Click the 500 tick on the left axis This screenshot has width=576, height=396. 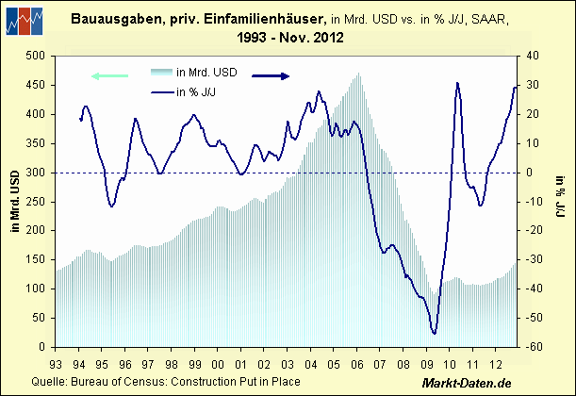tap(37, 56)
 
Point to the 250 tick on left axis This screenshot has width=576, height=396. tap(37, 202)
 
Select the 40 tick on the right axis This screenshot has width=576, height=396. tap(532, 56)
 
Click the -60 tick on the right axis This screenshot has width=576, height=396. tap(534, 347)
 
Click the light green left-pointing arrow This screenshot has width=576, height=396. tap(109, 75)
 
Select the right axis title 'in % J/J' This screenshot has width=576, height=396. tap(558, 201)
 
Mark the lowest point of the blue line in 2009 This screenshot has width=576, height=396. tap(434, 333)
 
